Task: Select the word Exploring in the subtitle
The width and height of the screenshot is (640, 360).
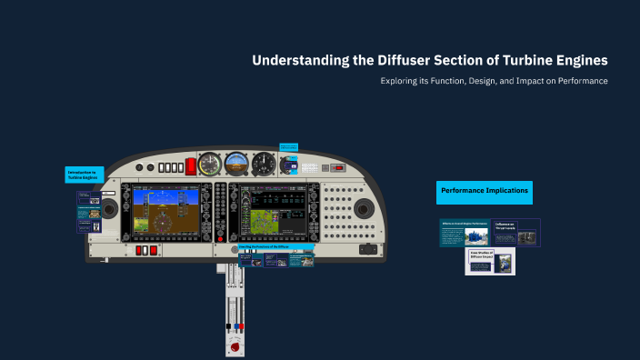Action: [x=401, y=81]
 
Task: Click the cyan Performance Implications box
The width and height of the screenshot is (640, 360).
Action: [x=484, y=191]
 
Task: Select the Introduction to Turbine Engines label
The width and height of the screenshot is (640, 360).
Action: [x=84, y=175]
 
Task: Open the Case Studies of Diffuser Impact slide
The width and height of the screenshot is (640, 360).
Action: [x=490, y=261]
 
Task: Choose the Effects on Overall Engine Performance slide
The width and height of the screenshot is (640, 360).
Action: [x=465, y=233]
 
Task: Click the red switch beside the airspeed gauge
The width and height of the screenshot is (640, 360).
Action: [x=191, y=166]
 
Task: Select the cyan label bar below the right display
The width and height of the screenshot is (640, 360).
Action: [x=275, y=246]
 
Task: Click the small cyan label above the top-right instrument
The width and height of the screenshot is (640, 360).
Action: [x=288, y=146]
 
